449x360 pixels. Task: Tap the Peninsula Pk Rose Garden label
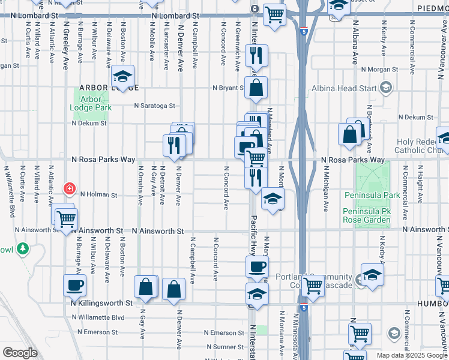click(367, 216)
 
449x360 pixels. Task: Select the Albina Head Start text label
click(344, 89)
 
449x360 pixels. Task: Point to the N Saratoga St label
click(154, 106)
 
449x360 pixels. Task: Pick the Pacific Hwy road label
click(253, 236)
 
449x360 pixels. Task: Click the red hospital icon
click(70, 188)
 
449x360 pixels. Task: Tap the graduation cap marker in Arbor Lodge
click(122, 77)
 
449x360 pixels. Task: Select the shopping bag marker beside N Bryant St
click(256, 88)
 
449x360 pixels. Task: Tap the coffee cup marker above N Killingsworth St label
click(74, 285)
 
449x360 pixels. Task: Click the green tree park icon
click(23, 247)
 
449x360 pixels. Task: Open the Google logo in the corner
click(20, 353)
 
